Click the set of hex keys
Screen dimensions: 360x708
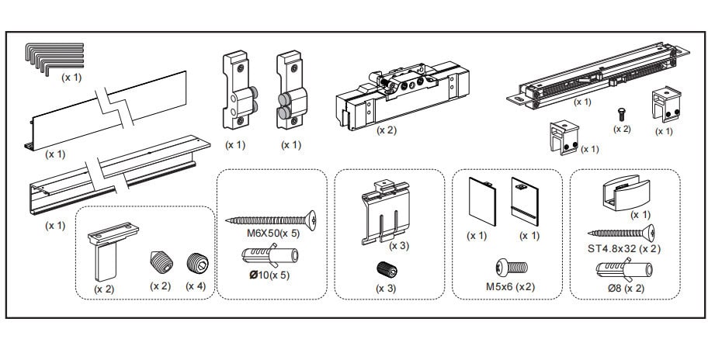coord(55,58)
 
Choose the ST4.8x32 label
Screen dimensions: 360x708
coord(625,248)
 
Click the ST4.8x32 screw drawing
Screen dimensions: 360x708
coord(621,232)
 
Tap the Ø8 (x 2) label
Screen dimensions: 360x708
coord(626,289)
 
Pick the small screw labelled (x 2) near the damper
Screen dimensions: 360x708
coord(622,113)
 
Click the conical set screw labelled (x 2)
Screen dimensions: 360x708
coord(158,263)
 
